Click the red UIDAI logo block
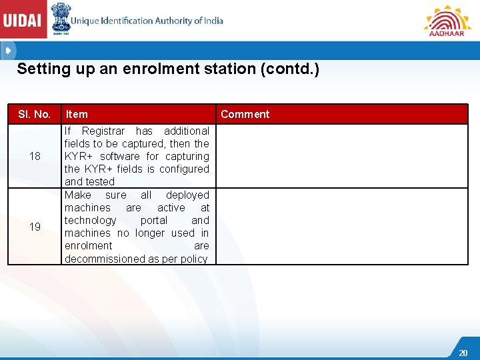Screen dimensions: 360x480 coord(23,20)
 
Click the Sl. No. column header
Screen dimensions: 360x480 coord(34,114)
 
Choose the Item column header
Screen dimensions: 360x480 coord(77,114)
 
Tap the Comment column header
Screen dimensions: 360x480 coord(245,114)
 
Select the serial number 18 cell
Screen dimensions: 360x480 coord(35,156)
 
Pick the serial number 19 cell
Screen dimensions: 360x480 coord(35,227)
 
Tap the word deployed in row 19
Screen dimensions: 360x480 coord(187,195)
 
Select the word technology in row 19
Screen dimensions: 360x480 coord(90,220)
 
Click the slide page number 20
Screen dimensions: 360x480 coord(463,353)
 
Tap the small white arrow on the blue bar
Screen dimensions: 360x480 coord(7,50)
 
